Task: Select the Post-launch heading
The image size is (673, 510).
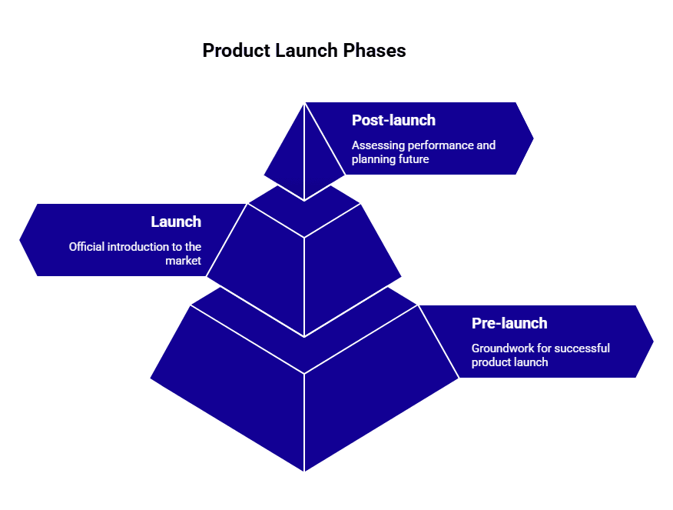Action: tap(393, 120)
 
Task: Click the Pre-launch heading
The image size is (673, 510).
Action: tap(509, 323)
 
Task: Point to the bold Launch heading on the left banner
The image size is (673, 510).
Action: tap(176, 222)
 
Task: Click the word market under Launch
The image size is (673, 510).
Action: tap(183, 261)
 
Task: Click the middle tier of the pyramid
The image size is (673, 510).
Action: tap(304, 262)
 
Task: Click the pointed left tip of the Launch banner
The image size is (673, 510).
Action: tap(22, 239)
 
